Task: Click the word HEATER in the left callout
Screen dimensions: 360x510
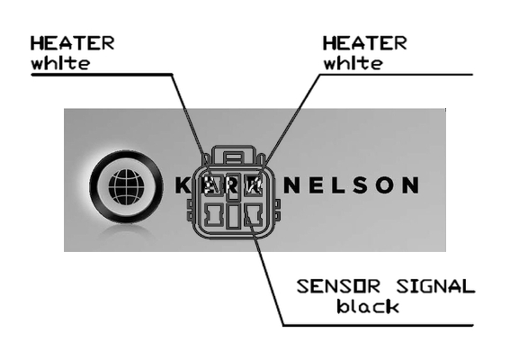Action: point(72,43)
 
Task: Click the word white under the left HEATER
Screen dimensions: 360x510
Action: point(61,63)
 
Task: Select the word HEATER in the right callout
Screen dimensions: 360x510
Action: point(364,43)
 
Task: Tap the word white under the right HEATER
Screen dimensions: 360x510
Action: point(353,63)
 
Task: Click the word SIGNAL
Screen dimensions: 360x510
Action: point(435,286)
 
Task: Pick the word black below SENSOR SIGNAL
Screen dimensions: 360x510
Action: point(368,306)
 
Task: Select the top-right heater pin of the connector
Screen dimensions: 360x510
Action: point(255,184)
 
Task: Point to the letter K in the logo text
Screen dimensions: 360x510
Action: point(181,185)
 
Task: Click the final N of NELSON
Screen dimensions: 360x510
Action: point(410,185)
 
